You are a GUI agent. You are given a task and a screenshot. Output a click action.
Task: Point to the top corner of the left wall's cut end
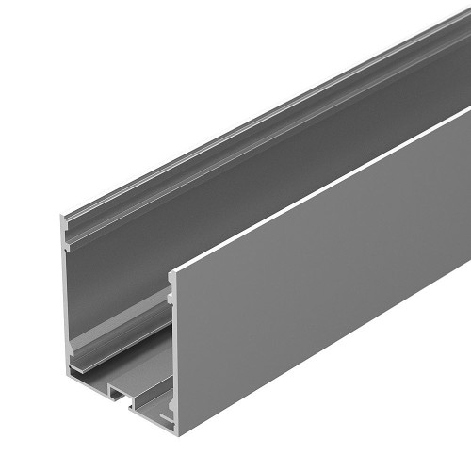[x=60, y=218]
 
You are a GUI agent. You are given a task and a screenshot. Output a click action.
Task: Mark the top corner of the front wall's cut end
[x=171, y=272]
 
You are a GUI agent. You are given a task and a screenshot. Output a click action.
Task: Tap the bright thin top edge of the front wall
[x=320, y=193]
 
